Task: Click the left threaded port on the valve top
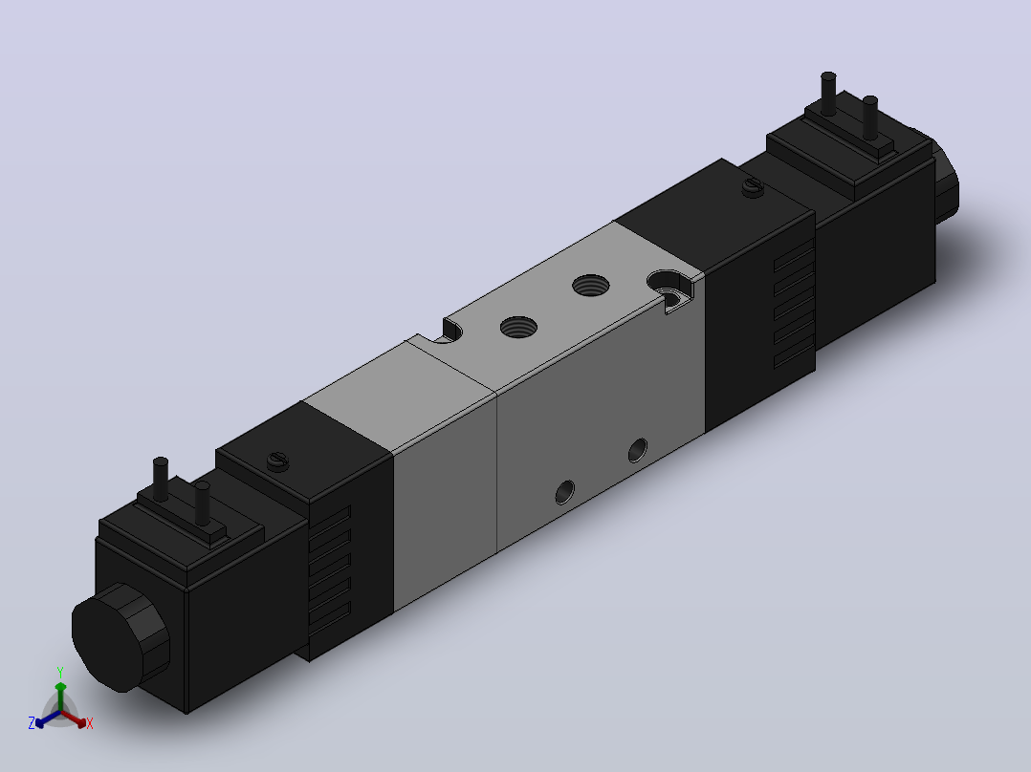pyautogui.click(x=518, y=327)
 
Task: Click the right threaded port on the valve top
pyautogui.click(x=590, y=285)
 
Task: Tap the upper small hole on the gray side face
pyautogui.click(x=637, y=450)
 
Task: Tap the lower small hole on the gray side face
pyautogui.click(x=565, y=491)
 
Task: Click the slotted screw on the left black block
pyautogui.click(x=279, y=461)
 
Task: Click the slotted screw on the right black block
pyautogui.click(x=753, y=188)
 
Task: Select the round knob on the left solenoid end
pyautogui.click(x=121, y=636)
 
